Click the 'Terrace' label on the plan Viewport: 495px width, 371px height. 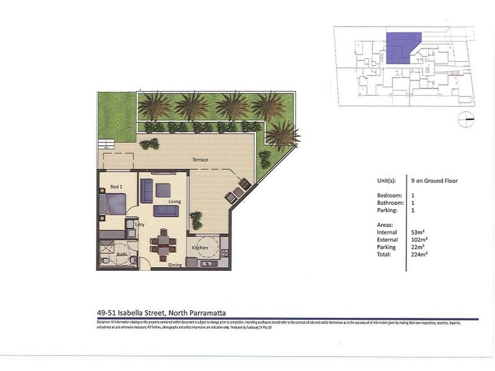point(200,160)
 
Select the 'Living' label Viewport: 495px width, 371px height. point(174,202)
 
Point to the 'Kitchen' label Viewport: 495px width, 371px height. point(199,248)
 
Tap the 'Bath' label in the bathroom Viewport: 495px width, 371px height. point(122,254)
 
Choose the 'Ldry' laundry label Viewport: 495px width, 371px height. point(140,224)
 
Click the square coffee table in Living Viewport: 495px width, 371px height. point(163,190)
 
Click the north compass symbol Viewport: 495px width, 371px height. point(466,119)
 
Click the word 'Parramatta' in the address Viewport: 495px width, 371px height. point(213,313)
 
